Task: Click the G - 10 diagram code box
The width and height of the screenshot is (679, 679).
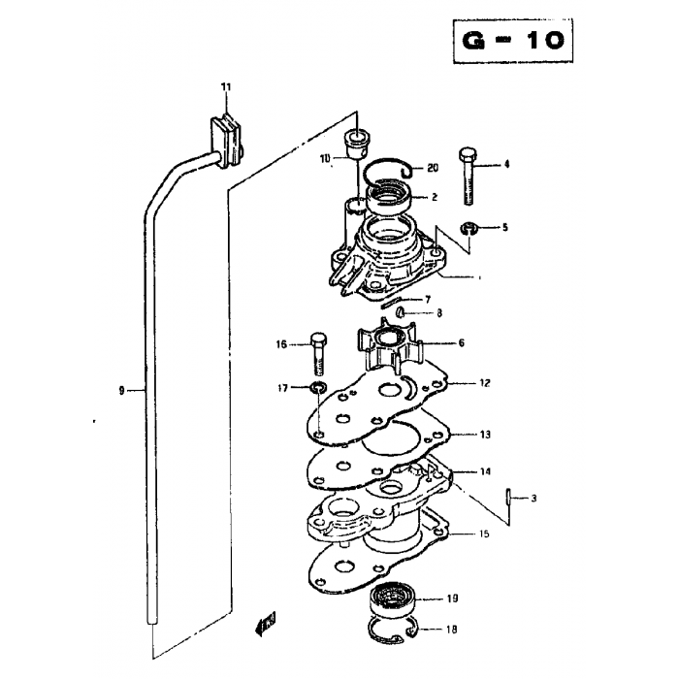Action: [513, 41]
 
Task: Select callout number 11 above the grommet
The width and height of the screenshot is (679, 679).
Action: [226, 87]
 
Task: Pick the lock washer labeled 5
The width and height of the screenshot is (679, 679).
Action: [469, 228]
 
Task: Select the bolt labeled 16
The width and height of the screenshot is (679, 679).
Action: [319, 354]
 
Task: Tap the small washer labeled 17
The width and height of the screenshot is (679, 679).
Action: [318, 386]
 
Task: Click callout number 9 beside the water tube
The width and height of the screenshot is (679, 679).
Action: [121, 391]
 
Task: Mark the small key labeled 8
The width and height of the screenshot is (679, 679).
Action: [401, 311]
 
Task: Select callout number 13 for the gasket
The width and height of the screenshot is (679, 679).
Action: [485, 435]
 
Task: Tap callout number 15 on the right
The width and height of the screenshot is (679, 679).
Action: [485, 533]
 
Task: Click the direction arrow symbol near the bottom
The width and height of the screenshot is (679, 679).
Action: [266, 624]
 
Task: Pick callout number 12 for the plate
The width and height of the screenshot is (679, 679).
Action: [485, 383]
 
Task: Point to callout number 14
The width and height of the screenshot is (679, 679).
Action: [485, 471]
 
